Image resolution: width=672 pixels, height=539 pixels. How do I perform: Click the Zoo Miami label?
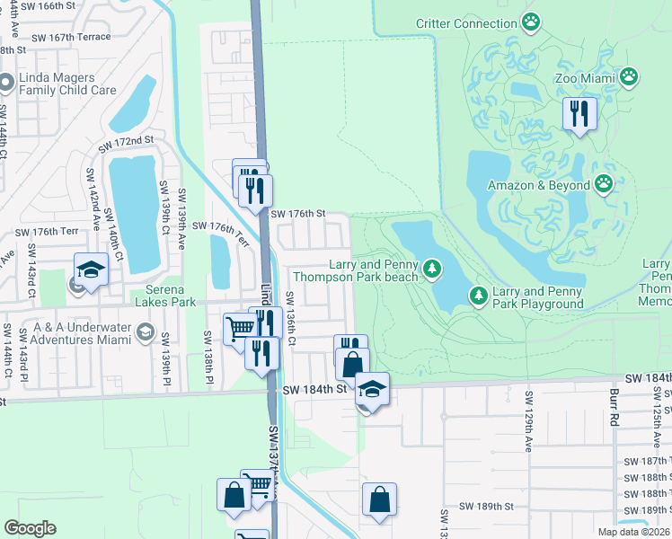pyautogui.click(x=583, y=78)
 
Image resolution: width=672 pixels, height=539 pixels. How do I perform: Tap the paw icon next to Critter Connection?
pyautogui.click(x=532, y=21)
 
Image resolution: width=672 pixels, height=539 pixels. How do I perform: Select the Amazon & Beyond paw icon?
pyautogui.click(x=604, y=185)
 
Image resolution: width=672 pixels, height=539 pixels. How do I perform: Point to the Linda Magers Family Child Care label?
pyautogui.click(x=67, y=84)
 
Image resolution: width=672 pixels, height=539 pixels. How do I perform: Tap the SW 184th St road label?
pyautogui.click(x=314, y=390)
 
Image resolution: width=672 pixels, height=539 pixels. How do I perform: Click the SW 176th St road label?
pyautogui.click(x=296, y=214)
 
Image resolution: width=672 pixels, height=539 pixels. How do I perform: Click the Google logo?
pyautogui.click(x=30, y=528)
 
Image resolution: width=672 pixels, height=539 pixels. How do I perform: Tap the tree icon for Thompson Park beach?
pyautogui.click(x=433, y=268)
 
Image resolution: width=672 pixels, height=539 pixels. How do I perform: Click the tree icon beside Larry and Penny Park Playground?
pyautogui.click(x=478, y=295)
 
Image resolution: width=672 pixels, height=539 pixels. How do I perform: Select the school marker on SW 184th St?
pyautogui.click(x=371, y=389)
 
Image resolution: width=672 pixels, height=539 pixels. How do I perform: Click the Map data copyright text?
pyautogui.click(x=633, y=532)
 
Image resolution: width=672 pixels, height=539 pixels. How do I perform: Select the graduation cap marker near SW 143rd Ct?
pyautogui.click(x=91, y=269)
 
